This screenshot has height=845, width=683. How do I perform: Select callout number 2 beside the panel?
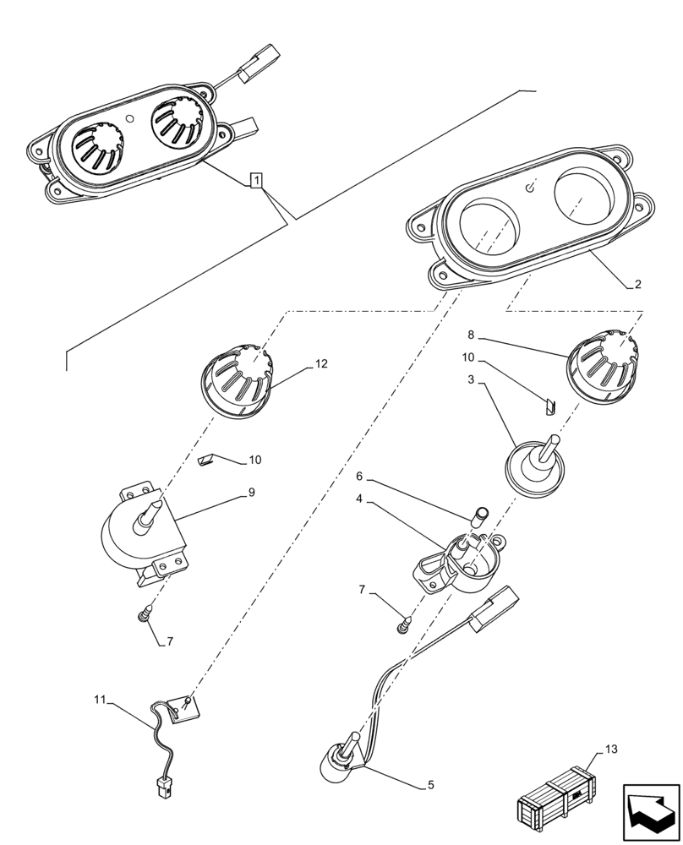(x=637, y=284)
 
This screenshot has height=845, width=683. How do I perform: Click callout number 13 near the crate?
(x=612, y=750)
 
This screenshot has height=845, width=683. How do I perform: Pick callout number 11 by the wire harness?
(x=100, y=700)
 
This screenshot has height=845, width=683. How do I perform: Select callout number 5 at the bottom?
(x=430, y=785)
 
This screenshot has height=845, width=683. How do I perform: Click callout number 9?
(x=251, y=492)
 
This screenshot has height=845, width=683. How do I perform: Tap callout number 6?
(x=358, y=477)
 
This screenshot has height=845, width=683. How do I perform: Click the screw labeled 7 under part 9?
(x=146, y=613)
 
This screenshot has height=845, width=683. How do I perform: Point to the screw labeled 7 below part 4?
(x=404, y=624)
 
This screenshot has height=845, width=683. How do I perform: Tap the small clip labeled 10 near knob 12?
(x=206, y=461)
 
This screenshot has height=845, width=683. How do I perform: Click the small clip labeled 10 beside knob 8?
(x=548, y=407)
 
